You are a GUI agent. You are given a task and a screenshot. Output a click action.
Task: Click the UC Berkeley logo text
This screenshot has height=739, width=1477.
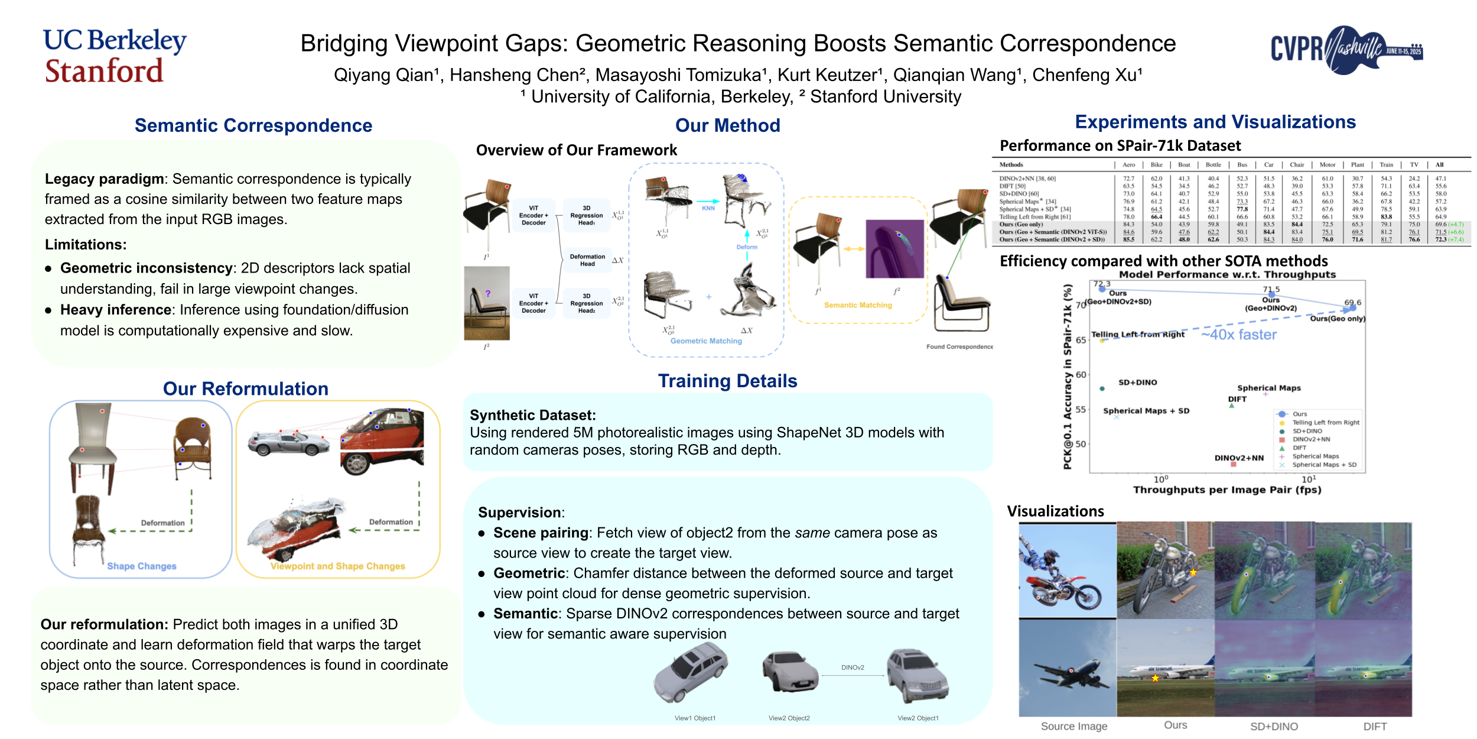(115, 40)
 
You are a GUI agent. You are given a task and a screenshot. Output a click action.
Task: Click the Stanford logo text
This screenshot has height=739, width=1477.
(104, 71)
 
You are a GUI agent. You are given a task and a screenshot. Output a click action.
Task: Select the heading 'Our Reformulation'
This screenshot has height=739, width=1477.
(245, 388)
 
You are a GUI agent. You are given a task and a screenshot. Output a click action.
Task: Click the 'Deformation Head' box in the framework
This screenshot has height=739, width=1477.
(587, 260)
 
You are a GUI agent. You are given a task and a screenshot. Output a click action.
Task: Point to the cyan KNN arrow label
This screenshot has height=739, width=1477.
(708, 208)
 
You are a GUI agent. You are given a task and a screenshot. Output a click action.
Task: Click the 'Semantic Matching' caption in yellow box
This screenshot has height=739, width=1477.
(858, 305)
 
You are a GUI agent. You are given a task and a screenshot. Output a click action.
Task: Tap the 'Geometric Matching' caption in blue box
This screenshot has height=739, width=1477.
(706, 341)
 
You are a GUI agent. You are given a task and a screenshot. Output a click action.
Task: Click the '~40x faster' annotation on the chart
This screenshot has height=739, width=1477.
(1239, 335)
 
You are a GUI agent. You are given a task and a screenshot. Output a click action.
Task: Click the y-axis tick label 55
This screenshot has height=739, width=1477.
(1081, 409)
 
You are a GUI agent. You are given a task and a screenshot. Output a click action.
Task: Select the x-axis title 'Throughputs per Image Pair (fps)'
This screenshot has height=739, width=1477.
(1227, 490)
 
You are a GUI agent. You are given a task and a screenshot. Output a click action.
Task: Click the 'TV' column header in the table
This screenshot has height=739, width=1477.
(1414, 165)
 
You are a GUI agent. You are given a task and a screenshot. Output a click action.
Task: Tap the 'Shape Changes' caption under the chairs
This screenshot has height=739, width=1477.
(142, 566)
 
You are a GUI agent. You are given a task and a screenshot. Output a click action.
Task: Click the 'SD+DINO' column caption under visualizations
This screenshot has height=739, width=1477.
(1274, 726)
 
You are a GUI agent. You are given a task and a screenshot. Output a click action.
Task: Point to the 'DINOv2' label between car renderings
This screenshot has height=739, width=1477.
(853, 667)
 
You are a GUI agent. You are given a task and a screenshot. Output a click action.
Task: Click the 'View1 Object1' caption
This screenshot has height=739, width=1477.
(695, 718)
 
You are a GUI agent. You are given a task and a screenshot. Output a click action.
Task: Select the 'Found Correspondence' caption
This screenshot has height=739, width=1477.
(959, 346)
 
